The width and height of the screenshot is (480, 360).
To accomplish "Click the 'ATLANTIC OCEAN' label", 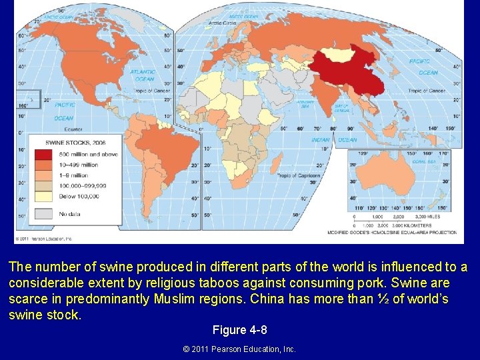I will click(142, 75).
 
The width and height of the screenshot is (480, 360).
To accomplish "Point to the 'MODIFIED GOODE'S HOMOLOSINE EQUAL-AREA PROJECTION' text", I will click(392, 233).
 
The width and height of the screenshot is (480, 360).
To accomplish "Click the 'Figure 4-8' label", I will click(239, 330).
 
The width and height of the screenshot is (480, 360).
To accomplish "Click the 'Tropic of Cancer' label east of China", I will click(427, 91).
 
